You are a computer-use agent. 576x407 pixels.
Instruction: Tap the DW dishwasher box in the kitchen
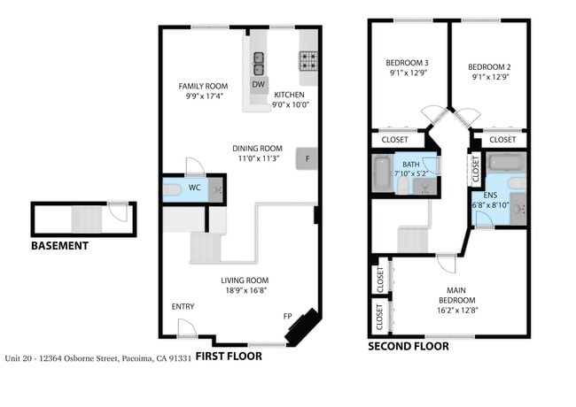(x=258, y=85)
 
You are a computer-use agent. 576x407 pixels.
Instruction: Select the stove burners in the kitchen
(x=308, y=62)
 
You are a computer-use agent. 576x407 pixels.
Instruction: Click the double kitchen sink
(x=258, y=64)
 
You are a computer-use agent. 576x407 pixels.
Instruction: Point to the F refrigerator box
(x=307, y=158)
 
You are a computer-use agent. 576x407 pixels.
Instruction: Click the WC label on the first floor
(x=194, y=188)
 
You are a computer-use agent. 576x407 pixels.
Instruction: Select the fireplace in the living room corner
(x=302, y=327)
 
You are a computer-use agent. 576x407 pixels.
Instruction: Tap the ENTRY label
(x=183, y=306)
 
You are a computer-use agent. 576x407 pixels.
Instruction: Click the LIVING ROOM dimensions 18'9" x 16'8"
(x=245, y=289)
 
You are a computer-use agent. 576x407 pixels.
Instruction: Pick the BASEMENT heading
(x=59, y=246)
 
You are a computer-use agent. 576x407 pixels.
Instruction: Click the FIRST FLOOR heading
(x=228, y=357)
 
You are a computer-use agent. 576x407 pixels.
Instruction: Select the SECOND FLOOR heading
(x=409, y=347)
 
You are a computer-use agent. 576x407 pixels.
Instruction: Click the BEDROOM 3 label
(x=407, y=63)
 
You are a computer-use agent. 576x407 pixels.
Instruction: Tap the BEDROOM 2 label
(x=489, y=66)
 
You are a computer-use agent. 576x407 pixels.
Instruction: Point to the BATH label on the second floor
(x=411, y=165)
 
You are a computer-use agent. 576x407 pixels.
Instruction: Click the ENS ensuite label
(x=490, y=195)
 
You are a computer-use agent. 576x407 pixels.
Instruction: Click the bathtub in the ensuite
(x=506, y=163)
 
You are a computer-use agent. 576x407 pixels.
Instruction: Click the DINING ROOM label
(x=257, y=148)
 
